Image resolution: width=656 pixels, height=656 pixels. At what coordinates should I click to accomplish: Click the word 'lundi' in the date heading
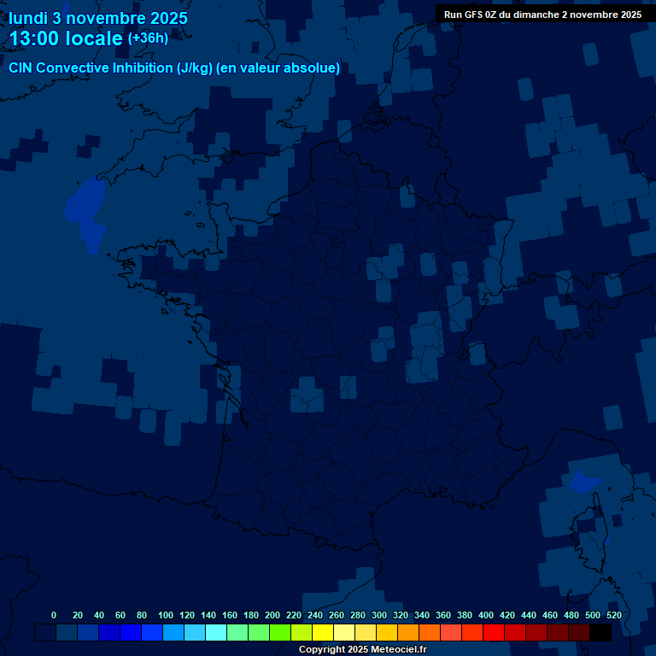[28, 18]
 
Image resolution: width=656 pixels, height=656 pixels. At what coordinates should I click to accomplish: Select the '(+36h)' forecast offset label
[148, 38]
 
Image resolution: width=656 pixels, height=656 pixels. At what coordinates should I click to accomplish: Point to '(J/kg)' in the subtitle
[193, 68]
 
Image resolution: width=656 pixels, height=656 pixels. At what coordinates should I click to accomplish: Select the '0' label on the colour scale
[54, 615]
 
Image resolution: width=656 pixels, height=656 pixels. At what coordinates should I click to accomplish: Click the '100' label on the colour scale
[166, 615]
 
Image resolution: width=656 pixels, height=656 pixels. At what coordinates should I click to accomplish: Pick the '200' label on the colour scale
[272, 615]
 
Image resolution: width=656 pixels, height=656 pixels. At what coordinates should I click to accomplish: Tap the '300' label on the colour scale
[379, 615]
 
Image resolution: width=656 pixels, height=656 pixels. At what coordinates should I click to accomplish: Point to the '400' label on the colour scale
[486, 615]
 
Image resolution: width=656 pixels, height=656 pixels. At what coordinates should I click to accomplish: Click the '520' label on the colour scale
[613, 615]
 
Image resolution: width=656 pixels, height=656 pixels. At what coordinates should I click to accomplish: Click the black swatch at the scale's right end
[600, 633]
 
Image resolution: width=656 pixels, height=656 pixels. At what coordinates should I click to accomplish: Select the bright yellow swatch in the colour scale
[323, 633]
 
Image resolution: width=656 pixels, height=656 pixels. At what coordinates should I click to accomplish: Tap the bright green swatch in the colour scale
[280, 633]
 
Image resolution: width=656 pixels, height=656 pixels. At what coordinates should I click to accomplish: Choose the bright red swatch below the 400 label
[494, 633]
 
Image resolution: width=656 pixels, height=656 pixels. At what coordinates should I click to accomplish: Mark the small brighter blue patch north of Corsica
[585, 483]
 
